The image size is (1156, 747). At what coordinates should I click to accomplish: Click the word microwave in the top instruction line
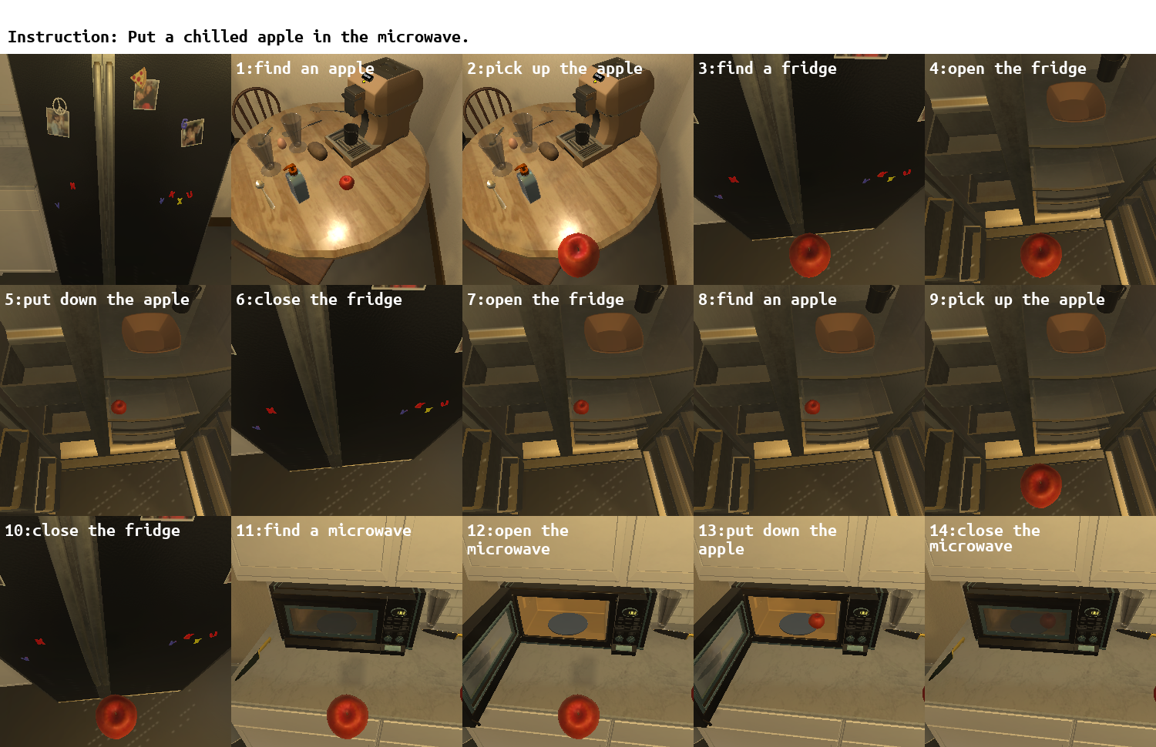[x=419, y=37]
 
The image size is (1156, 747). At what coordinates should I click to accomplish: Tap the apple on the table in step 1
[x=347, y=182]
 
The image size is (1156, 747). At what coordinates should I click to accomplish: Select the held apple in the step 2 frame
[x=579, y=255]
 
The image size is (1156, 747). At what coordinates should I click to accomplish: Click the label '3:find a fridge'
[x=767, y=69]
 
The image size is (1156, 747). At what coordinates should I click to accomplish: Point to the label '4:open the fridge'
[x=1007, y=69]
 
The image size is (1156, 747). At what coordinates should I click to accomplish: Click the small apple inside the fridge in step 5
[x=119, y=407]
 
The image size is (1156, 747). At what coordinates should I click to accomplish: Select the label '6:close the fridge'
[x=318, y=300]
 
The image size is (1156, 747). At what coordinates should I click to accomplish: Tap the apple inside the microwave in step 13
[x=816, y=621]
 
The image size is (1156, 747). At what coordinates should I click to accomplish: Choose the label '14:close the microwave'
[x=985, y=538]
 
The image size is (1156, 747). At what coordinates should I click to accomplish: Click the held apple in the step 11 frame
[x=348, y=717]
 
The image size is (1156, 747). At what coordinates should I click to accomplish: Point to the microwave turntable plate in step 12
[x=567, y=624]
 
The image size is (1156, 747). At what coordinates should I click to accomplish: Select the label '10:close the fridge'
[x=92, y=531]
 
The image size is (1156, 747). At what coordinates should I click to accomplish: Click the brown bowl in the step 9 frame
[x=1077, y=333]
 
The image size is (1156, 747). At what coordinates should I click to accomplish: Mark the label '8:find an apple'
[x=767, y=300]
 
